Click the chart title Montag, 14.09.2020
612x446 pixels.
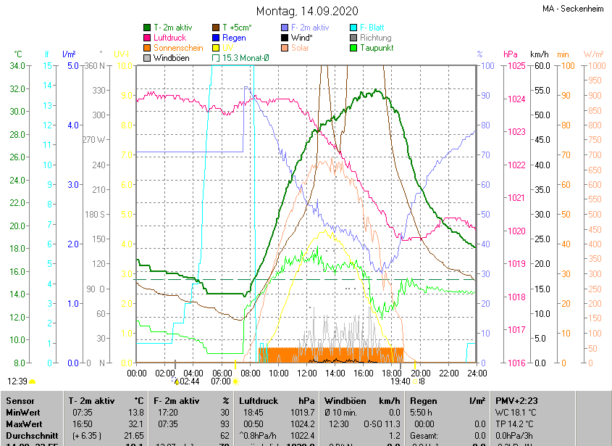(306, 11)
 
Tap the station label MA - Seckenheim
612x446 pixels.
(574, 9)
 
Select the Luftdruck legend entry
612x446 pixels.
(169, 38)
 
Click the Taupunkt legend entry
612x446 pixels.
(376, 48)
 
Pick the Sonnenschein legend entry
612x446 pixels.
(177, 48)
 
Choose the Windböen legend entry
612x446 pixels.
(171, 58)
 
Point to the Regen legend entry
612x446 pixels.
(234, 38)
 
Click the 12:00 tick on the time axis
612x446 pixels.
(306, 373)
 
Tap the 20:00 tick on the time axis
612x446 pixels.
(419, 373)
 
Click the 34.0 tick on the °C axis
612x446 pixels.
(17, 66)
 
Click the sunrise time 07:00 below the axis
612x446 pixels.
(220, 381)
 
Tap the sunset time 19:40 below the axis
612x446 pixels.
(400, 381)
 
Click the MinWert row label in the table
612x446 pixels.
(23, 413)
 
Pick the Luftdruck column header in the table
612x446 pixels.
(259, 400)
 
